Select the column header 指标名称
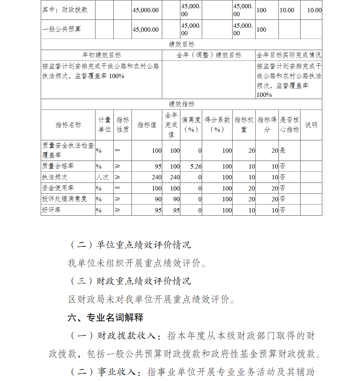(x=68, y=125)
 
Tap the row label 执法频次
(x=55, y=177)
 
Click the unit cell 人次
(x=102, y=177)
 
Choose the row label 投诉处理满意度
(x=64, y=199)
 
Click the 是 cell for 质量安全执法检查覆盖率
(x=283, y=151)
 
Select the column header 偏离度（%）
(x=191, y=125)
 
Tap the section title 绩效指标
(x=181, y=104)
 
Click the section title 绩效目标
(x=181, y=44)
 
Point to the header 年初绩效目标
(x=102, y=55)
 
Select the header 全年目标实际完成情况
(x=289, y=55)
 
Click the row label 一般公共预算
(x=62, y=29)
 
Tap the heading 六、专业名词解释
(x=105, y=317)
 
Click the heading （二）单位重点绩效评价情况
(x=130, y=245)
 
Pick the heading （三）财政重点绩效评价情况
(x=130, y=281)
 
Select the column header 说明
(x=311, y=125)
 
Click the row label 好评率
(x=51, y=210)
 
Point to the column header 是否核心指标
(x=289, y=125)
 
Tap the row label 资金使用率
(x=55, y=188)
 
